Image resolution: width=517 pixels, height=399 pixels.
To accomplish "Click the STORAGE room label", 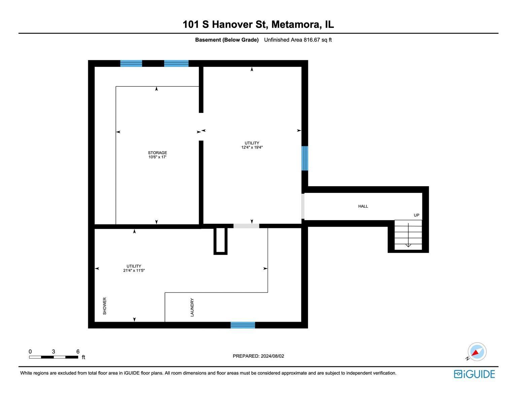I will pos(157,153).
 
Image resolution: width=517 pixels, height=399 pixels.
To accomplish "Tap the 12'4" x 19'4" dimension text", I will pos(252,147).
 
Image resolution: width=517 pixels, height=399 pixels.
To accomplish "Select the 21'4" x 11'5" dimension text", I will pos(134,270).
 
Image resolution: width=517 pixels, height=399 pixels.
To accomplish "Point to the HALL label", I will pos(363,206).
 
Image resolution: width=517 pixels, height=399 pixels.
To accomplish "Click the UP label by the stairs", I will pos(416,215).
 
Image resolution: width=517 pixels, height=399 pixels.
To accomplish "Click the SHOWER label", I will pos(105,306).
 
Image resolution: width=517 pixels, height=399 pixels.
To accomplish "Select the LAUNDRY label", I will pos(192,307).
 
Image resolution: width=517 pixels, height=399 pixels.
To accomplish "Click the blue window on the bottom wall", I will pos(243,325).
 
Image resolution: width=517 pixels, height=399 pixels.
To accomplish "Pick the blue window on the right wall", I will pos(305,158).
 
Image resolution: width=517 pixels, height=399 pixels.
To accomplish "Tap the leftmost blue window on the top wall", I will pos(131,64).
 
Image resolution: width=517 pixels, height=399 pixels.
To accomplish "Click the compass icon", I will pos(477,352).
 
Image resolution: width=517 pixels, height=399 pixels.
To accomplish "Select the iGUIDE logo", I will pos(474,374).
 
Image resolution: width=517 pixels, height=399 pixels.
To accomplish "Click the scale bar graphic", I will pos(54,357).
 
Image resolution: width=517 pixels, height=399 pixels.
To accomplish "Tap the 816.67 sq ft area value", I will pos(317,40).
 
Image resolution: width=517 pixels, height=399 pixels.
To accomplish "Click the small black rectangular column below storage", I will pos(220,240).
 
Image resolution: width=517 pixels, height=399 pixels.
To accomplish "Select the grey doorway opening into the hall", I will pos(303,206).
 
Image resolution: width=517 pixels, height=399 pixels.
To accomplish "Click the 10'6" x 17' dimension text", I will pos(157,157).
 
